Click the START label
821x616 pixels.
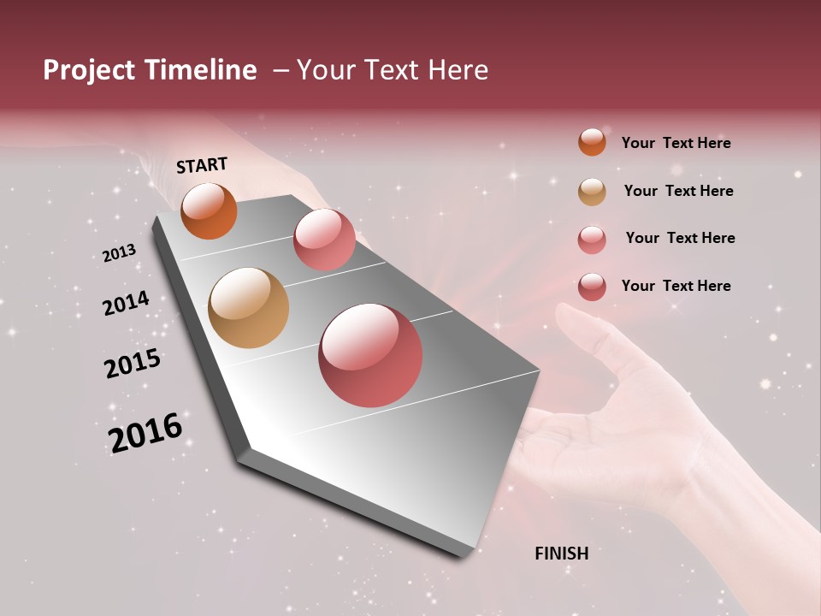click(x=202, y=165)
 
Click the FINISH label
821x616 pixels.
click(x=561, y=554)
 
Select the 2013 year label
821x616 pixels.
click(x=119, y=253)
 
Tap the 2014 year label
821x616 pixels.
click(x=126, y=303)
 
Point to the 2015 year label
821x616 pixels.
click(x=133, y=364)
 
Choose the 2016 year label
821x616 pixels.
click(x=145, y=432)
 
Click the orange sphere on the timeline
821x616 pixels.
click(x=209, y=211)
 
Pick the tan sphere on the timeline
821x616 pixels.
click(x=248, y=308)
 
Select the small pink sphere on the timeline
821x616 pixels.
click(x=324, y=240)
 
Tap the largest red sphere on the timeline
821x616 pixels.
click(x=370, y=355)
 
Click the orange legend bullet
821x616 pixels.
click(x=592, y=142)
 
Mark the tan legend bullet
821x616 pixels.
click(x=592, y=192)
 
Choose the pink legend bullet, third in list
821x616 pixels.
click(x=592, y=240)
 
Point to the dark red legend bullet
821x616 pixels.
click(x=592, y=287)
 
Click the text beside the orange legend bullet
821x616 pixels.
click(x=676, y=143)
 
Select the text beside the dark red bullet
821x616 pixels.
click(x=676, y=286)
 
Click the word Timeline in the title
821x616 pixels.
click(x=199, y=70)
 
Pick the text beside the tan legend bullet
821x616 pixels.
click(x=678, y=191)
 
